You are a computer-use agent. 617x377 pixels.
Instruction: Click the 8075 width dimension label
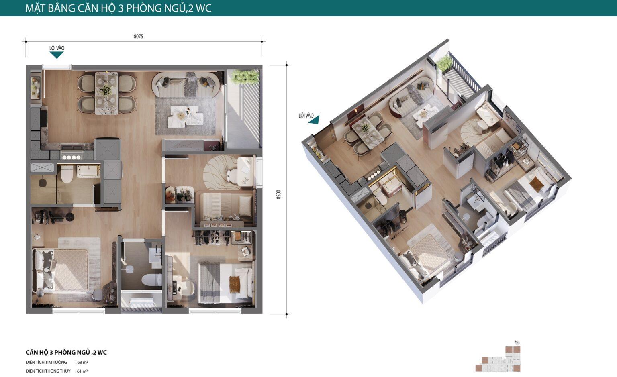coord(138,37)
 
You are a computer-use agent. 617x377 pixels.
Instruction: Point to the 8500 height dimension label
coord(278,194)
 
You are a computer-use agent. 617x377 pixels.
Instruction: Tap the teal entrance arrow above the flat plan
coord(57,55)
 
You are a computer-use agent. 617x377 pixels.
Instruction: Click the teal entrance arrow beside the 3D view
coord(314,120)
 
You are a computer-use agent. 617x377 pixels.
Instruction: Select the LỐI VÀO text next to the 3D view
coord(306,115)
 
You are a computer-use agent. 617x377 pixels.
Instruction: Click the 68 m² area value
coord(82,363)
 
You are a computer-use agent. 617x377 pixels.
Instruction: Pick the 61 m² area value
coord(82,371)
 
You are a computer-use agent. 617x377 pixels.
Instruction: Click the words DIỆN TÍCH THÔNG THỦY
coord(48,371)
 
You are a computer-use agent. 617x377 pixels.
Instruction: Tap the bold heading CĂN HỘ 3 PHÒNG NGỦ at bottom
coord(58,352)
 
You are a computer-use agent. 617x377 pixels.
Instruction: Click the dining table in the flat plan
coord(106,93)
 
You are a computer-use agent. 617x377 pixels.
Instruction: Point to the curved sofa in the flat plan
coord(186,85)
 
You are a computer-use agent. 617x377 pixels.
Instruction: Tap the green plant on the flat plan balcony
coord(245,76)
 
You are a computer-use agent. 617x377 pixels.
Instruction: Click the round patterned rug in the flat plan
coord(221,172)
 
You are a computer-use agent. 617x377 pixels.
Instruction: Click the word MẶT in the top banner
coord(35,8)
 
